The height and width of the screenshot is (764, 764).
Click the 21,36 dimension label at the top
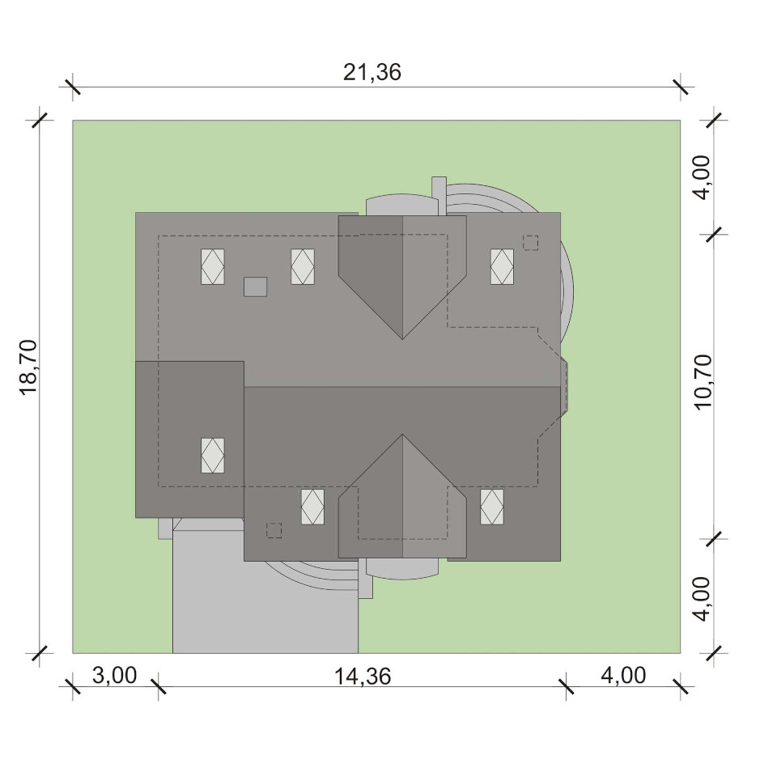[372, 73]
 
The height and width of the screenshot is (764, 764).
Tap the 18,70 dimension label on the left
[29, 367]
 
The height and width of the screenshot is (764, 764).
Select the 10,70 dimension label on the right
[703, 382]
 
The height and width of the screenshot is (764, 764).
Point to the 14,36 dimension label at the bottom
[363, 677]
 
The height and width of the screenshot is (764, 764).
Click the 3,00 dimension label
[114, 676]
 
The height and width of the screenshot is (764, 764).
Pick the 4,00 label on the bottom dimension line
[623, 676]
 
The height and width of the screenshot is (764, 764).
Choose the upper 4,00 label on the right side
[702, 177]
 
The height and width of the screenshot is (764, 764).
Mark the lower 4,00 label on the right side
[702, 599]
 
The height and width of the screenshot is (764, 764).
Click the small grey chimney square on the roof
[255, 286]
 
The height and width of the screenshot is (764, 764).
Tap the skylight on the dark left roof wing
[213, 456]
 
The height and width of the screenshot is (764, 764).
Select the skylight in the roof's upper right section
[502, 266]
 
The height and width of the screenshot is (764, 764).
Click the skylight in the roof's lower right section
[492, 507]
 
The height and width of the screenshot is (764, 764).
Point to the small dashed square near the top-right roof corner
[531, 243]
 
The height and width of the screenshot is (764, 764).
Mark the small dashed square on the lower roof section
[274, 530]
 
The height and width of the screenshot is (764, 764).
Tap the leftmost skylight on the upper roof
[213, 266]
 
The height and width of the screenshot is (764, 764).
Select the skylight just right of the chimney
[303, 266]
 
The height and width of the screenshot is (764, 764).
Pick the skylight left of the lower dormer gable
[313, 507]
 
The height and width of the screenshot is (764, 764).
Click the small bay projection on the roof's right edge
[564, 388]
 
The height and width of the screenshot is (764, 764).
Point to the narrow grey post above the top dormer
[439, 195]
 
